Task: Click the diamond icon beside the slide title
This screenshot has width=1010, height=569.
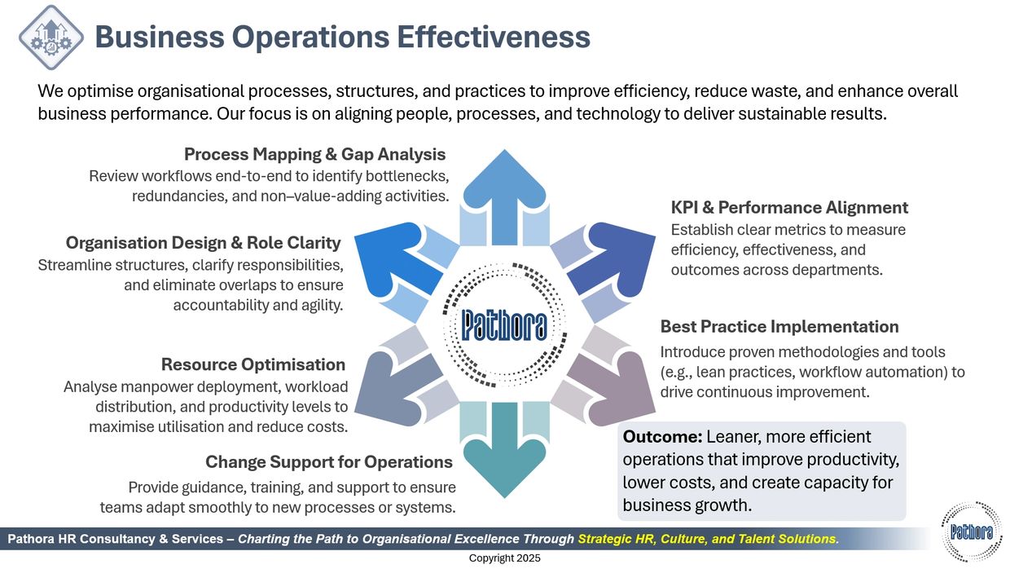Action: click(x=51, y=37)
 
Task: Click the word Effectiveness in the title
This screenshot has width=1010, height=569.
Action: click(x=494, y=37)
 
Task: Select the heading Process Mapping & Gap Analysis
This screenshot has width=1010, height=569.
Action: click(x=314, y=154)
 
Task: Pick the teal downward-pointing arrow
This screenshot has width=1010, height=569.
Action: click(x=504, y=450)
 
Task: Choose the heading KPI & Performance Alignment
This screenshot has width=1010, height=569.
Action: click(x=789, y=208)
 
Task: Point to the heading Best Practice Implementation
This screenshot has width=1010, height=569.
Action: click(x=779, y=327)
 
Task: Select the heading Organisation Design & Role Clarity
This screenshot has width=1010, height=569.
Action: click(x=204, y=243)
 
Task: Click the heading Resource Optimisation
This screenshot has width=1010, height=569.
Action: click(x=253, y=364)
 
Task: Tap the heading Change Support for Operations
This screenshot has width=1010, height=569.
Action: click(x=329, y=462)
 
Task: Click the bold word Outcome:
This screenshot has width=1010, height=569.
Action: click(x=663, y=437)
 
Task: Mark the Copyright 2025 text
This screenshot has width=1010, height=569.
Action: click(x=504, y=558)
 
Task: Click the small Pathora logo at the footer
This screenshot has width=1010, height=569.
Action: click(x=972, y=532)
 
